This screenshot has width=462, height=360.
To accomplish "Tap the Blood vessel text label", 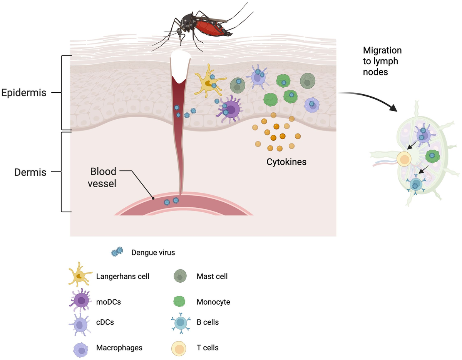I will (x=103, y=177).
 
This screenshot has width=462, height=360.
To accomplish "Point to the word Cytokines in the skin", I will (x=286, y=162).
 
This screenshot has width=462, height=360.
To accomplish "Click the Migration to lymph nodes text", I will (x=382, y=61).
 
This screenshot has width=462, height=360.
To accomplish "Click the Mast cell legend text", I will (x=212, y=276).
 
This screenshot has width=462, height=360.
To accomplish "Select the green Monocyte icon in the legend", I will (x=180, y=302).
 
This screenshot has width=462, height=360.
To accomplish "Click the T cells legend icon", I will (x=180, y=348).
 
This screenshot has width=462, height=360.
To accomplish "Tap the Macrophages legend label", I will (x=119, y=348).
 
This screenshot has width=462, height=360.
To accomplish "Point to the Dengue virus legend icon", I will (x=117, y=252).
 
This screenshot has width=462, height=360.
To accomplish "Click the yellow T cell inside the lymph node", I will (x=404, y=158).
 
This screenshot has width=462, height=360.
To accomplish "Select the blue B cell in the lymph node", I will (x=415, y=185).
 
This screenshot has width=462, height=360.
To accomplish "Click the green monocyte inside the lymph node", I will (x=432, y=155).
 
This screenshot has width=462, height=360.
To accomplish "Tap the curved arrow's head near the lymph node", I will (x=394, y=109).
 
